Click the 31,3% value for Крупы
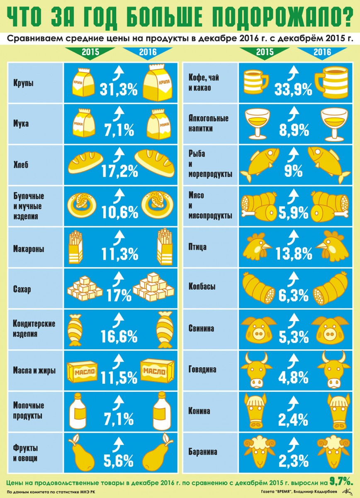pos(119,89)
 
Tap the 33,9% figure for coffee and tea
pos(293,89)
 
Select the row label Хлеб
pos(21,165)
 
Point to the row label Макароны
pos(29,249)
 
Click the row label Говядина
pos(202,369)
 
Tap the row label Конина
pos(199,411)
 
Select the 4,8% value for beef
pos(293,377)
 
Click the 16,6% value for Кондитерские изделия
pos(119,336)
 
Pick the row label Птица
pos(197,247)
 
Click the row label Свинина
pos(201,328)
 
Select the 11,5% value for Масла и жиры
pos(119,377)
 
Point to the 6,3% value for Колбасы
pos(293,295)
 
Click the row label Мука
pos(21,123)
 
